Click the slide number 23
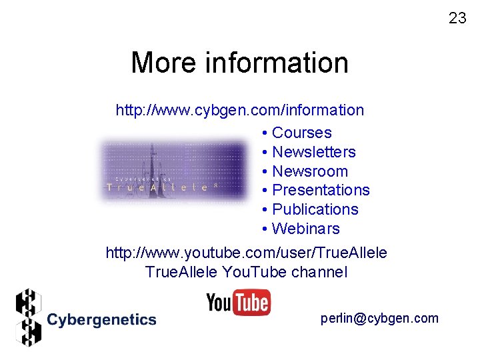click(x=457, y=18)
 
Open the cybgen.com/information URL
click(x=240, y=110)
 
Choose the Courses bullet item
click(x=301, y=133)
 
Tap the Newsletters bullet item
click(x=313, y=152)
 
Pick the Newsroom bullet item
click(x=310, y=171)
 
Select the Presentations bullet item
click(x=321, y=190)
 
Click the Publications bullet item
click(x=315, y=209)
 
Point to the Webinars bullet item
click(x=305, y=229)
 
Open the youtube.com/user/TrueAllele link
click(x=246, y=253)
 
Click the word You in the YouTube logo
click(x=219, y=303)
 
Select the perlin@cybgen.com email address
click(x=379, y=318)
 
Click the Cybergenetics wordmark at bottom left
click(x=101, y=320)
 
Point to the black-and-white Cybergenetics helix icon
click(x=28, y=317)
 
